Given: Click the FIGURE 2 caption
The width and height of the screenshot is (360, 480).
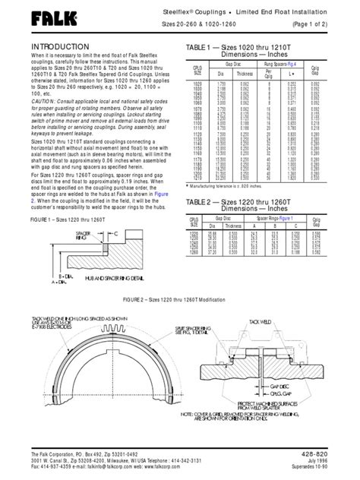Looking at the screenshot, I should tap(181, 299).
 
